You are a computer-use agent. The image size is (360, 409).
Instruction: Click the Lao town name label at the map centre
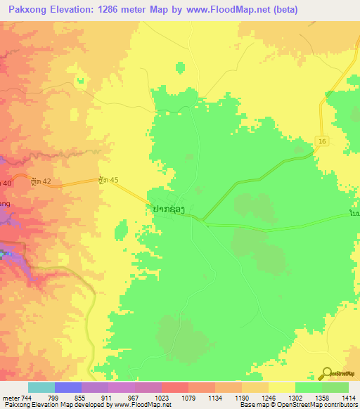[169, 209]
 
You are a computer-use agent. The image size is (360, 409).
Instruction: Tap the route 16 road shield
[322, 141]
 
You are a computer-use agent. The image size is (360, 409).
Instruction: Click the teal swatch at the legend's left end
[41, 387]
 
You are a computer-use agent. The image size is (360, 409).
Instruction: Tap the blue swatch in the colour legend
[67, 387]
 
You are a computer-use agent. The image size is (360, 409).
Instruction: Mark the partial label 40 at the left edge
[6, 183]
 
